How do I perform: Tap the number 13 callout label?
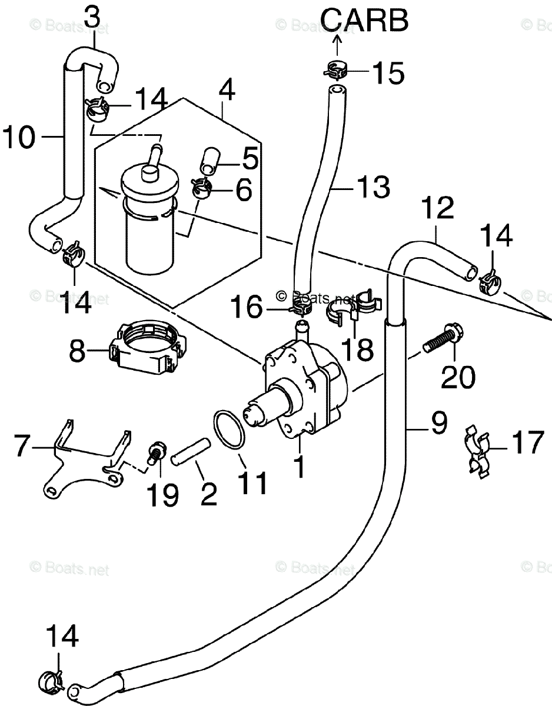pos(373,187)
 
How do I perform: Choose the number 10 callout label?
pos(19,138)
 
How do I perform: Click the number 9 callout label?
pos(438,422)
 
